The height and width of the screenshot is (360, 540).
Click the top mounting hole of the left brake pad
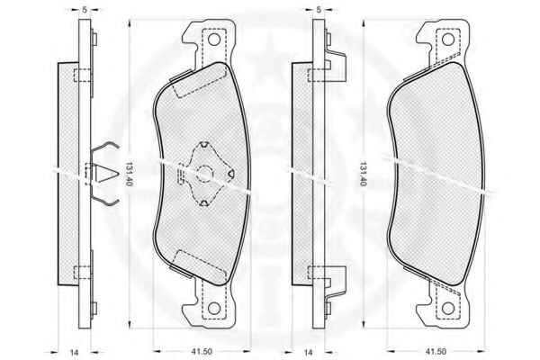coord(214,40)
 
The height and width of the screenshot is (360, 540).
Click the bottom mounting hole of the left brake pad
coord(214,309)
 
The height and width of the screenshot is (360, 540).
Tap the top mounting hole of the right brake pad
coord(448,40)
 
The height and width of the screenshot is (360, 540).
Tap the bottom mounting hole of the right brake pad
coord(448,309)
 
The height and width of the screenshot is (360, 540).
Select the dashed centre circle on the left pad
coord(205,174)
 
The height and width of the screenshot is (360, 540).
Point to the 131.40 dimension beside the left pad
coord(129,174)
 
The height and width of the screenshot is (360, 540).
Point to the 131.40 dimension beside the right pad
coord(363,174)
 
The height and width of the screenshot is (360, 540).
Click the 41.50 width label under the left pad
coord(202,352)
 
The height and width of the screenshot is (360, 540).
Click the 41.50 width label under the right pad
coord(436,352)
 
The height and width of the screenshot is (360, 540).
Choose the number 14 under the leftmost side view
coord(74,353)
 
